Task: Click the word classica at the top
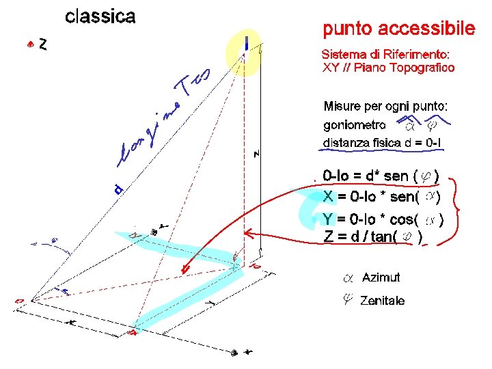(100, 17)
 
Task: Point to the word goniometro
(354, 125)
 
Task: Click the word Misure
(342, 107)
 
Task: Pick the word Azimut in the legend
(381, 277)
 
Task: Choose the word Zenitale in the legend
(382, 300)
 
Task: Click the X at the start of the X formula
(328, 197)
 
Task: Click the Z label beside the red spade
(43, 44)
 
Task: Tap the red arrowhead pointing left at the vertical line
(249, 236)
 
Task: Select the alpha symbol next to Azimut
(347, 278)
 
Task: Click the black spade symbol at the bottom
(234, 353)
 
